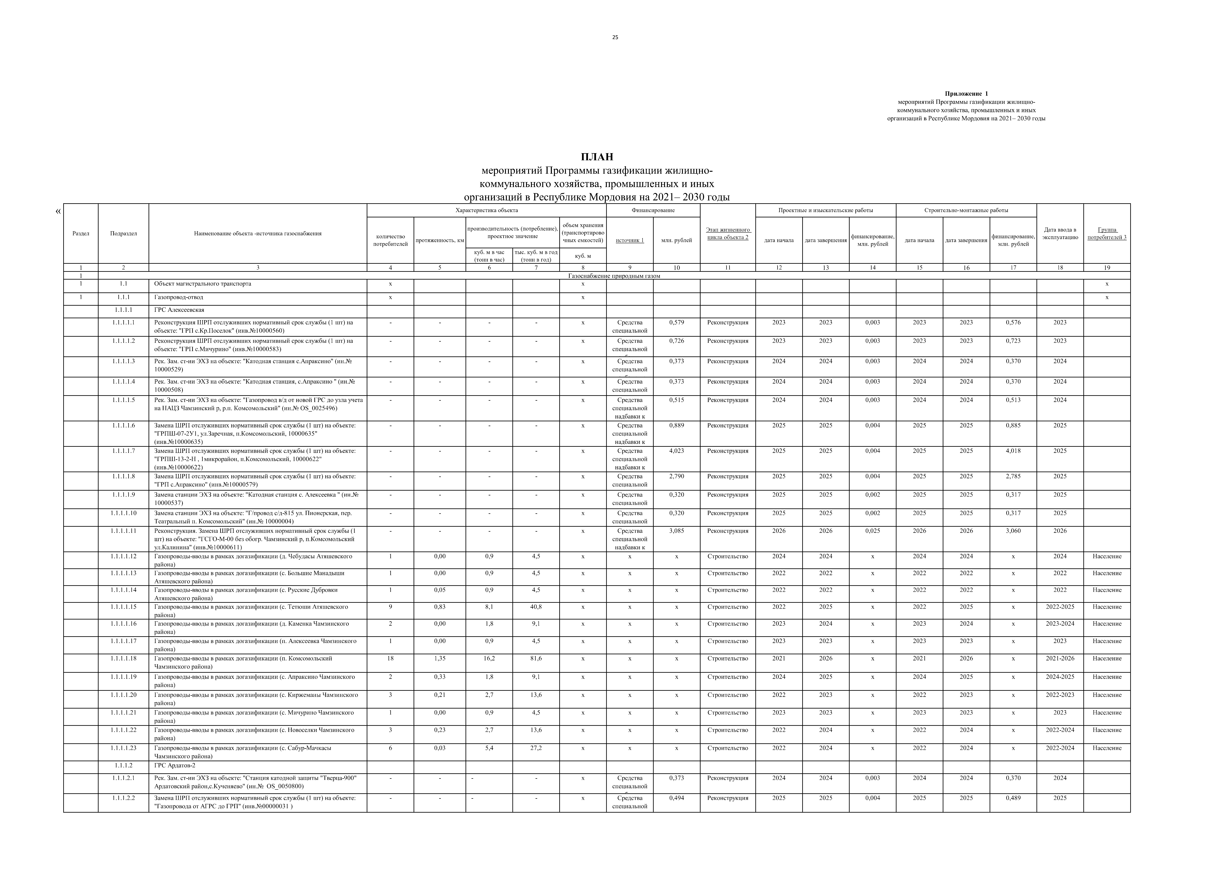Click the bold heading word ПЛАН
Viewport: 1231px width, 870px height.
[597, 157]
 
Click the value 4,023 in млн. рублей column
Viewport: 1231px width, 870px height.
[677, 451]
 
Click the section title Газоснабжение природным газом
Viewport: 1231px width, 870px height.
[614, 276]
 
